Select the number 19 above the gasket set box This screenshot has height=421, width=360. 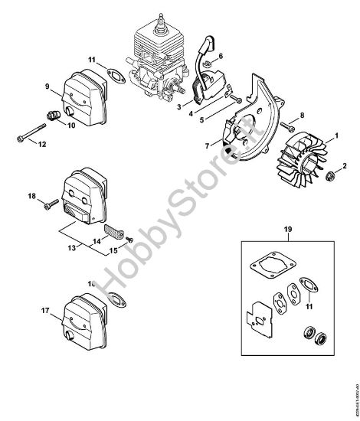pyautogui.click(x=288, y=229)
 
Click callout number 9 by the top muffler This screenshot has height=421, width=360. pyautogui.click(x=47, y=86)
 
